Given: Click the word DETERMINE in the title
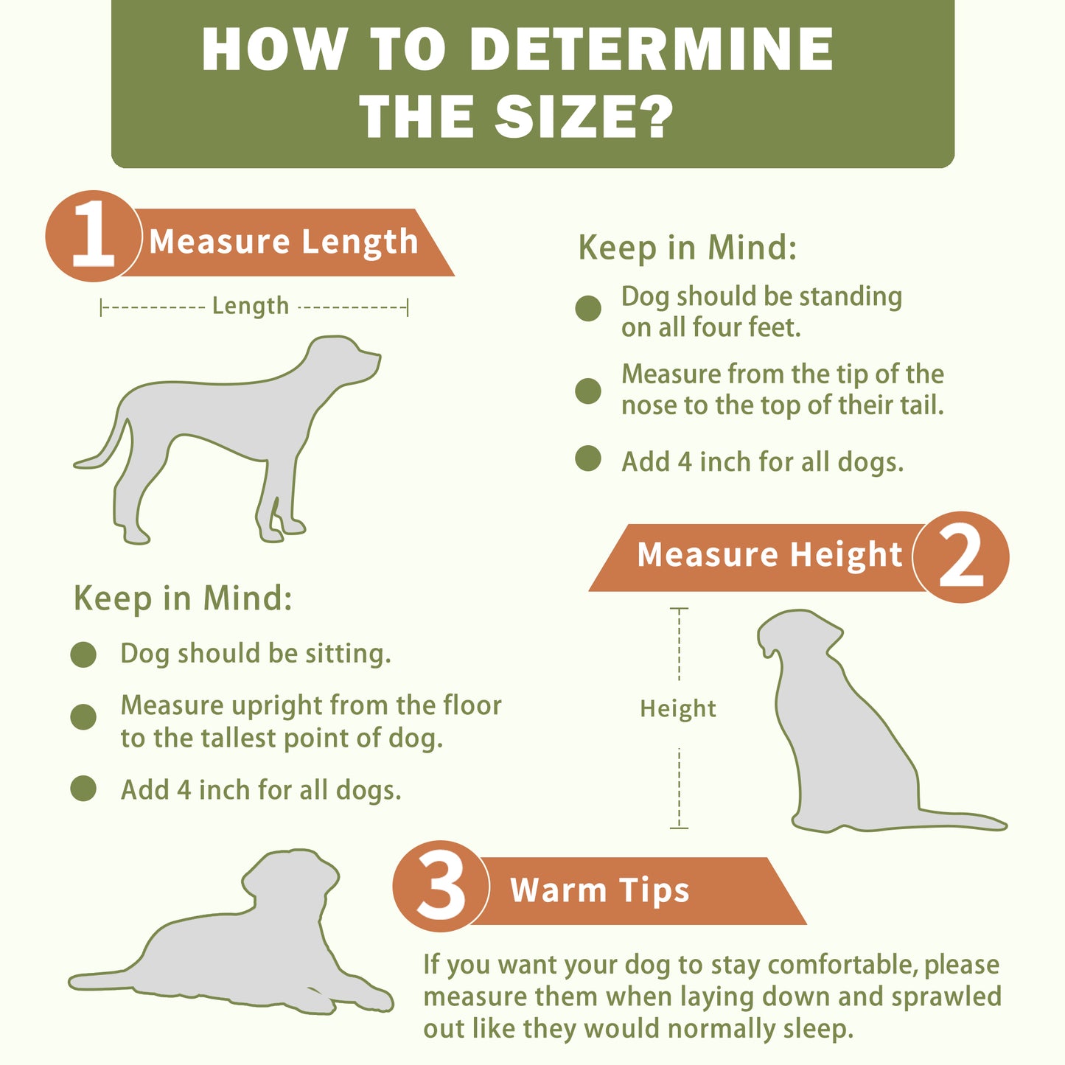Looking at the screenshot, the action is coord(651,49).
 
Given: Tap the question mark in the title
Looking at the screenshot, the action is coord(653,116).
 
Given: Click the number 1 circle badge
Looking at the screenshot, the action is coord(94,236).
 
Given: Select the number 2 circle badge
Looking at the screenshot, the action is coord(961,556).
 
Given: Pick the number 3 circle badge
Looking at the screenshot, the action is coord(441,886).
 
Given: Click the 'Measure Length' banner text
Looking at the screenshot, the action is coord(284,242).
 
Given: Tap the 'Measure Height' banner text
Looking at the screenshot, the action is coord(769,554).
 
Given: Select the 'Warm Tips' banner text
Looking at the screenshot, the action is coord(600,890).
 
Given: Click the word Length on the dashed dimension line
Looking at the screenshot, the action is coord(251,306).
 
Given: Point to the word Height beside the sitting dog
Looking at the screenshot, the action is coord(678,709).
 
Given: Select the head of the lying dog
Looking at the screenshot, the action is coord(291,879).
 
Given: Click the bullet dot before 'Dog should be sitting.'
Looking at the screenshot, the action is coord(83,655).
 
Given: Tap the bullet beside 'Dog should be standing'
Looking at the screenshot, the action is coord(588,308).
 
